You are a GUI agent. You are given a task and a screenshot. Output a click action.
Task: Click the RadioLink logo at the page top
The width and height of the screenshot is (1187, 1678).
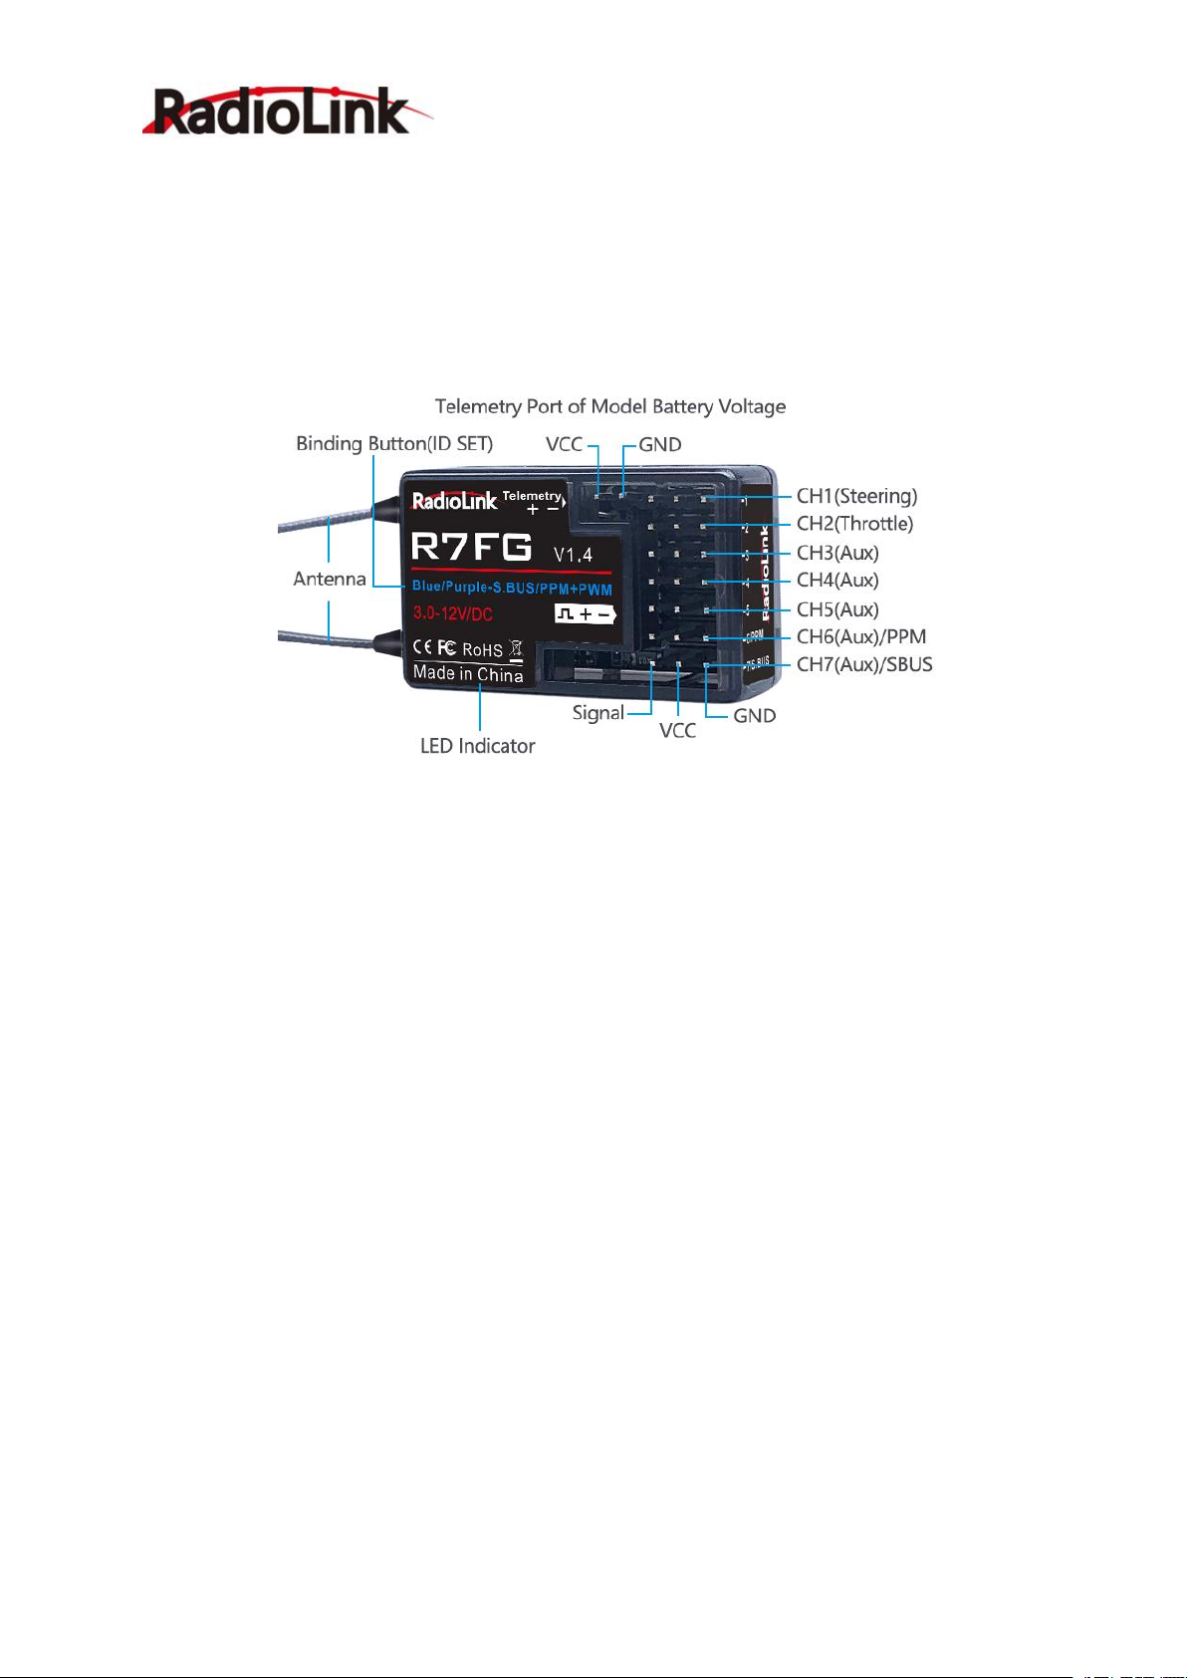coord(287,112)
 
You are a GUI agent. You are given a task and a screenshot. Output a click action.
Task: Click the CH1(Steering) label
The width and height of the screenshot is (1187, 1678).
coord(856,496)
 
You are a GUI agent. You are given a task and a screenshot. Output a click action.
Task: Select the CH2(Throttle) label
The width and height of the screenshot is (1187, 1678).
coord(854,524)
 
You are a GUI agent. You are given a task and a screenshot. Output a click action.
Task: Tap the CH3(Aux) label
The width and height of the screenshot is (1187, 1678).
coord(837,553)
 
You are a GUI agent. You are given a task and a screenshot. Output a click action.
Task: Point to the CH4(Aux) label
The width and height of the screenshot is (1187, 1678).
coord(837,581)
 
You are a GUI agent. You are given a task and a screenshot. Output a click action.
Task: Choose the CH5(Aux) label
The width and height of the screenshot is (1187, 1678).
coord(837,609)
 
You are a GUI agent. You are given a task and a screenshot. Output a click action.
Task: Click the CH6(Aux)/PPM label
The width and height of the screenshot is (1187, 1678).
coord(861,637)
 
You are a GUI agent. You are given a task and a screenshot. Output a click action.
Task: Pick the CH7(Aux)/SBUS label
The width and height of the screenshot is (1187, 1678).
coord(864,665)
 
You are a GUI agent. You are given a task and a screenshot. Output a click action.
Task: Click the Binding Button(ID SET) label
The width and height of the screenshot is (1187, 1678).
coord(394,443)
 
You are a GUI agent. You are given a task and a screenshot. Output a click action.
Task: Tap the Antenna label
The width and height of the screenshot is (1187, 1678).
coord(330,579)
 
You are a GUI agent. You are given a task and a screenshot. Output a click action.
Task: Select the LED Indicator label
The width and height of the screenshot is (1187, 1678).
coord(477,746)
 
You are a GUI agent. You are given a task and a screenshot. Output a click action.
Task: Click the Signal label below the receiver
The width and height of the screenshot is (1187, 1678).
coord(597,713)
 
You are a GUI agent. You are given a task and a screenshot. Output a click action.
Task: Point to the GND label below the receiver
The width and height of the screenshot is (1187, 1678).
coord(754,716)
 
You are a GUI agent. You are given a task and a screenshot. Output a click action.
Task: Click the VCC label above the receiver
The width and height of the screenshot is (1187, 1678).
coord(564,444)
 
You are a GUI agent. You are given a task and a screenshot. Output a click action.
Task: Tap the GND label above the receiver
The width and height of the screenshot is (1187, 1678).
coord(660,445)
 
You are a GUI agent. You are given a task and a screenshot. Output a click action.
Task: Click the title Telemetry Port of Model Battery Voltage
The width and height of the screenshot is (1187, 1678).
coord(610,406)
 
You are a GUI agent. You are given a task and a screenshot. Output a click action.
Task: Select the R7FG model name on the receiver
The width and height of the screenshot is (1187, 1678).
coord(472,548)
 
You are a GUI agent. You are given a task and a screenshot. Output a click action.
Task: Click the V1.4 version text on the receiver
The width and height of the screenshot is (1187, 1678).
coord(573,554)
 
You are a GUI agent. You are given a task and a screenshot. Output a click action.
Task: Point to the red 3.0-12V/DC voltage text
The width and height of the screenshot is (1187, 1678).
coord(453,614)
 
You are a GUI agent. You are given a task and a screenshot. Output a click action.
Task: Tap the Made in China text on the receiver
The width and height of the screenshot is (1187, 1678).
coord(468,674)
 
